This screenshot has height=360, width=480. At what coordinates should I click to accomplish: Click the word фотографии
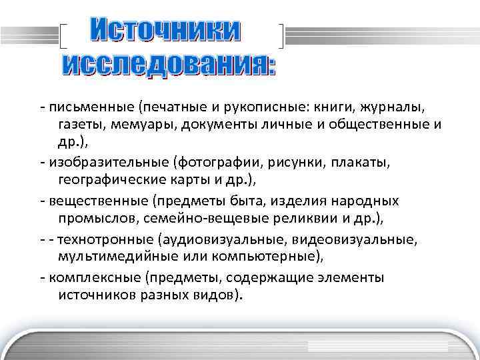click(x=217, y=163)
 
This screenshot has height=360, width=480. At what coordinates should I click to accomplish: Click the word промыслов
click(x=91, y=218)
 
